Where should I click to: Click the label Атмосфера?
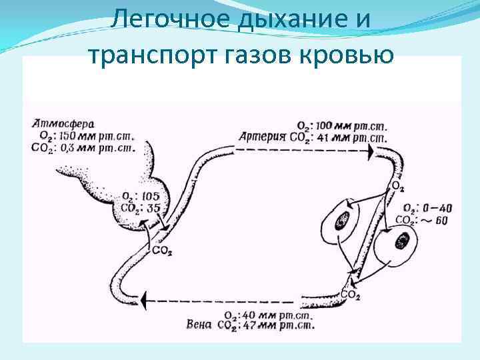point(63,123)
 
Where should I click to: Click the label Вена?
point(199,325)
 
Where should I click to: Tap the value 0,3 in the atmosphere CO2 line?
point(71,147)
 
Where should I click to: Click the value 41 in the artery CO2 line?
point(321,139)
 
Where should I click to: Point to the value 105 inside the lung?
point(150,196)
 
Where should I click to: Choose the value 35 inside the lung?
point(153,207)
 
